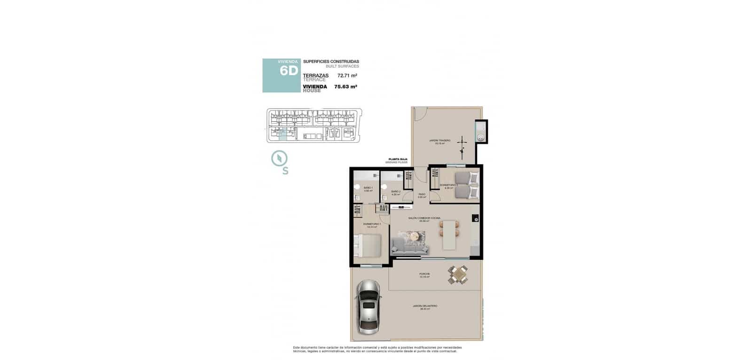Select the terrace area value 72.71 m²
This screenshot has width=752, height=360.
pyautogui.click(x=347, y=75)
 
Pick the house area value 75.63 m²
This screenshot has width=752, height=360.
pyautogui.click(x=345, y=86)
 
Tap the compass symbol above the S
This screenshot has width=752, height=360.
pyautogui.click(x=279, y=158)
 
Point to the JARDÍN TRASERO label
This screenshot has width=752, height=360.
pyautogui.click(x=439, y=141)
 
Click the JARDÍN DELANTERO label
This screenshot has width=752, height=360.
pyautogui.click(x=425, y=306)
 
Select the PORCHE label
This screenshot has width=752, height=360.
pyautogui.click(x=424, y=274)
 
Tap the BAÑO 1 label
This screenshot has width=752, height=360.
pyautogui.click(x=368, y=188)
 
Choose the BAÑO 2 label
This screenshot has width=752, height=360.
pyautogui.click(x=396, y=192)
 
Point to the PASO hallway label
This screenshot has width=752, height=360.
pyautogui.click(x=422, y=194)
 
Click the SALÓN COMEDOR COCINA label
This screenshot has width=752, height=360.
pyautogui.click(x=424, y=219)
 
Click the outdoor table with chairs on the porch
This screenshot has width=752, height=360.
pyautogui.click(x=458, y=274)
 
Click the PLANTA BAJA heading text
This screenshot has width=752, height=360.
pyautogui.click(x=397, y=159)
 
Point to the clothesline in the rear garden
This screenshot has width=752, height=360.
pyautogui.click(x=463, y=145)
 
